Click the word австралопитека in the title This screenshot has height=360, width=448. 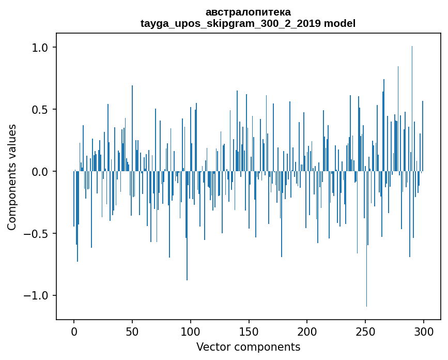coord(248,12)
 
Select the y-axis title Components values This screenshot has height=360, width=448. coord(12,177)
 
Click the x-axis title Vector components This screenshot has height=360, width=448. coord(248,347)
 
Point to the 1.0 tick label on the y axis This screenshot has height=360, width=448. coord(39,48)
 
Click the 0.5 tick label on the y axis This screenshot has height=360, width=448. coord(39,110)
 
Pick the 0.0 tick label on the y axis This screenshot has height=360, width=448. coord(39,172)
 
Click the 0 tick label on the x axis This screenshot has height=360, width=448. coord(74,331)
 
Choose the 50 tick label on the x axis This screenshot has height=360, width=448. coord(132,331)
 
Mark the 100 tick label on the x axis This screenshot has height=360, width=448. coord(191,331)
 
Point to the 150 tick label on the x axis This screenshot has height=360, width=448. coord(249,331)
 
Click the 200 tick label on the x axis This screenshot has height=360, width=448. coord(307,331)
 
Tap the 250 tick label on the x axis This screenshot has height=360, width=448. coord(366,331)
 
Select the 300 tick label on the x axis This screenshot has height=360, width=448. coord(424,331)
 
